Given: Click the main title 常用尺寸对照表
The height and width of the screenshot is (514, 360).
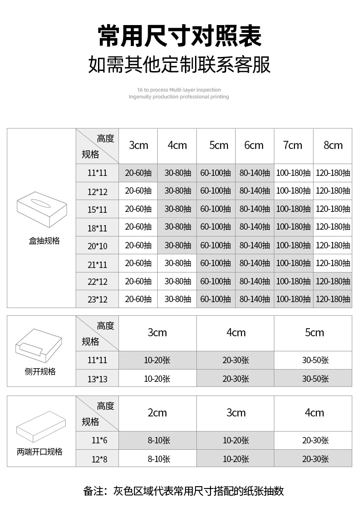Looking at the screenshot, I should point(180,36).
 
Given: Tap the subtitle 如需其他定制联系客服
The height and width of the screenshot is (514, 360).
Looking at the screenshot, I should point(180,65).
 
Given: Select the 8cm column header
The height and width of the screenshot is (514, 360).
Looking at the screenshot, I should point(333,145).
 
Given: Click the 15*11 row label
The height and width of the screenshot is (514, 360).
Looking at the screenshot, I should point(97,210).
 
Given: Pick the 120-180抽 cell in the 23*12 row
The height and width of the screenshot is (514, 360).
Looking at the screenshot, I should point(333,299).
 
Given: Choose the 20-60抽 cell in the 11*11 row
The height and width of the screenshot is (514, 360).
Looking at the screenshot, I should point(138,173).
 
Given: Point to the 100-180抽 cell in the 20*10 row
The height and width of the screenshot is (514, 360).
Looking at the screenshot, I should point(293,245).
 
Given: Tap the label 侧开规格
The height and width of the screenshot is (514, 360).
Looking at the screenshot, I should point(40,372).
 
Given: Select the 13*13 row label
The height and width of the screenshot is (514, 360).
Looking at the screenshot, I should point(97,379).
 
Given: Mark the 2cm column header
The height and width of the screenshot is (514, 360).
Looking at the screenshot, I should point(157,413).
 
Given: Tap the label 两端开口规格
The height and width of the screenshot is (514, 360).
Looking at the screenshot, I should point(40,452).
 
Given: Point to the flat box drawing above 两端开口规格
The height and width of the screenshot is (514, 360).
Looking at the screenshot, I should point(41,427).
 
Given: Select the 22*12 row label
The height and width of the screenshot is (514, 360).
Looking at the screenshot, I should point(97,282).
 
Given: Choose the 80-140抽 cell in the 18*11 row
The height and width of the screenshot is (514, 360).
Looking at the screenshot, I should point(254,227).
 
